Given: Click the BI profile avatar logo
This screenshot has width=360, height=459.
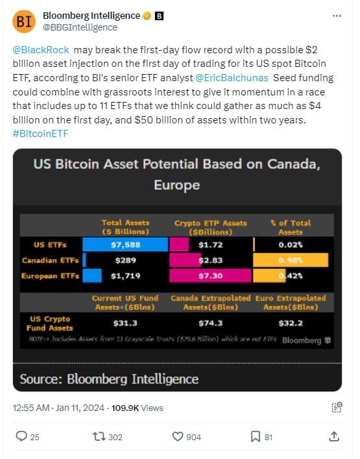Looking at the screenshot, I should (x=25, y=21).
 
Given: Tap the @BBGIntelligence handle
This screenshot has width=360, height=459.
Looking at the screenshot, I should (x=80, y=27).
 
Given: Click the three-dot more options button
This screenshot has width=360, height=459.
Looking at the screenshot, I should (x=335, y=16).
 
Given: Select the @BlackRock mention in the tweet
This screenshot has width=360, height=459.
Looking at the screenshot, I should (x=40, y=50).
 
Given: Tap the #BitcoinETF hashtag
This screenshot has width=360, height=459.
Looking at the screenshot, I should (x=40, y=133).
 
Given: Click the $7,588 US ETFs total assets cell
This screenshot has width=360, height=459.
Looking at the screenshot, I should (x=125, y=244).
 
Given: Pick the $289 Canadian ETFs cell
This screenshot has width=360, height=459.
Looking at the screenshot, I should (x=125, y=260).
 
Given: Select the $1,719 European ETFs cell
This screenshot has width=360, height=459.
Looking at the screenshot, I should (x=125, y=275).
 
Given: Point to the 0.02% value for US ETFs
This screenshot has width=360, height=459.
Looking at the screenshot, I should (x=290, y=244).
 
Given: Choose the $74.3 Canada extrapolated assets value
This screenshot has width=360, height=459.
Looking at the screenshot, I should (x=210, y=323).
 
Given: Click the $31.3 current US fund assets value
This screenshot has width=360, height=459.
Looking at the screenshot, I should (x=125, y=323).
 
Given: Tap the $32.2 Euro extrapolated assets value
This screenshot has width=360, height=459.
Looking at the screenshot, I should (x=290, y=323).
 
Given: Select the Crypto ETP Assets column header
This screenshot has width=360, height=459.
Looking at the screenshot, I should (x=210, y=227).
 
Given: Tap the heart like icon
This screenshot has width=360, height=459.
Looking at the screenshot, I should (x=177, y=437).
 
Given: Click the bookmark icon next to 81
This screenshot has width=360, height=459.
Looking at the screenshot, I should (x=256, y=437).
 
